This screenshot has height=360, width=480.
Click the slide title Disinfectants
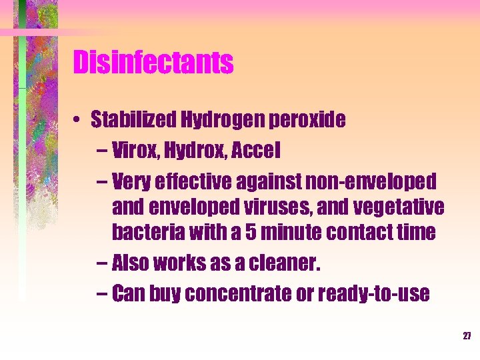click(153, 63)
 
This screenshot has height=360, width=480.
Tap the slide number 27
click(467, 336)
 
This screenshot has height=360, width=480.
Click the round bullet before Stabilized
click(78, 121)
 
